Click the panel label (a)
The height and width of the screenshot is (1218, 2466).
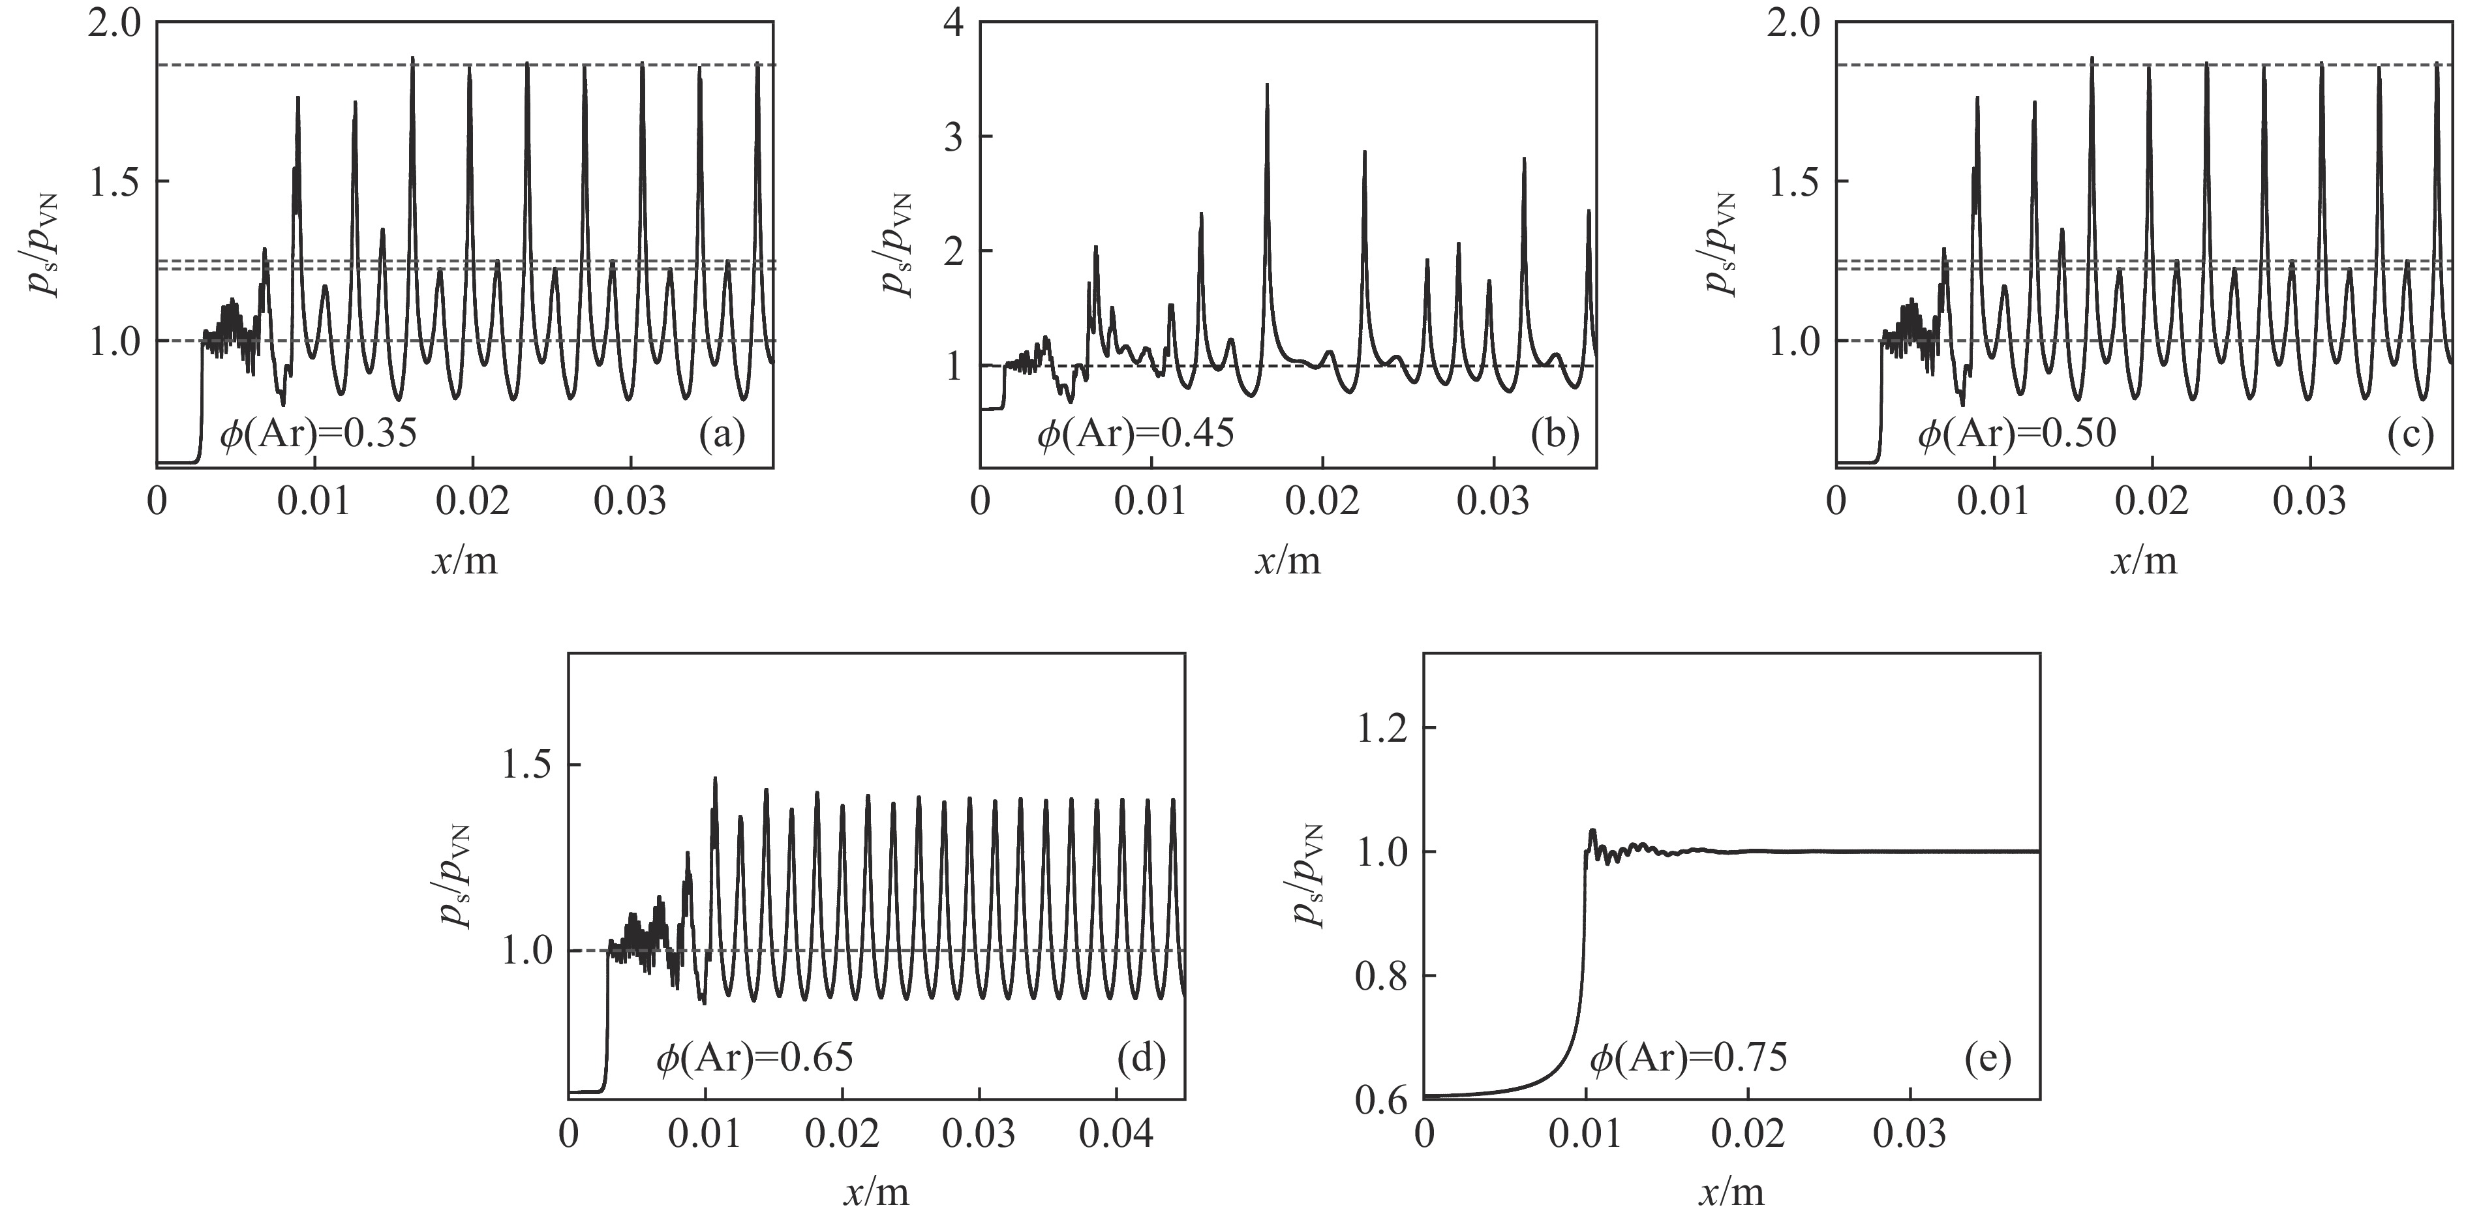[x=722, y=436]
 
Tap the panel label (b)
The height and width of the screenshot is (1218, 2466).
[x=1554, y=436]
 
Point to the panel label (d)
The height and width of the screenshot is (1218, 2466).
[x=1141, y=1059]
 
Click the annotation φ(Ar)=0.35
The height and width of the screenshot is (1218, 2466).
[x=319, y=436]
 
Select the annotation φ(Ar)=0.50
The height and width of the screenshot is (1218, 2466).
[x=2016, y=436]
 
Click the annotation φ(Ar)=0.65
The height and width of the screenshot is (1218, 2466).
[x=754, y=1059]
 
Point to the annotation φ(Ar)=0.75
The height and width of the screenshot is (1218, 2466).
[x=1688, y=1059]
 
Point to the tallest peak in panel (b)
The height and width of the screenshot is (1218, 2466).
[x=1266, y=86]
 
